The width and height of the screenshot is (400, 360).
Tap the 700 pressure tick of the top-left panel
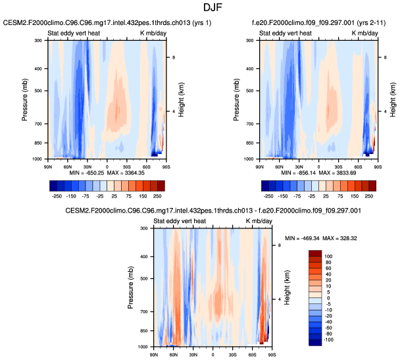(38, 124)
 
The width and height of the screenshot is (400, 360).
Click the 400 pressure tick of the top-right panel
(249, 68)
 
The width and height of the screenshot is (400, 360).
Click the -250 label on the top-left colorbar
(57, 196)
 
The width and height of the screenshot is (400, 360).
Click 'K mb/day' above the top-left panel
(150, 33)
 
